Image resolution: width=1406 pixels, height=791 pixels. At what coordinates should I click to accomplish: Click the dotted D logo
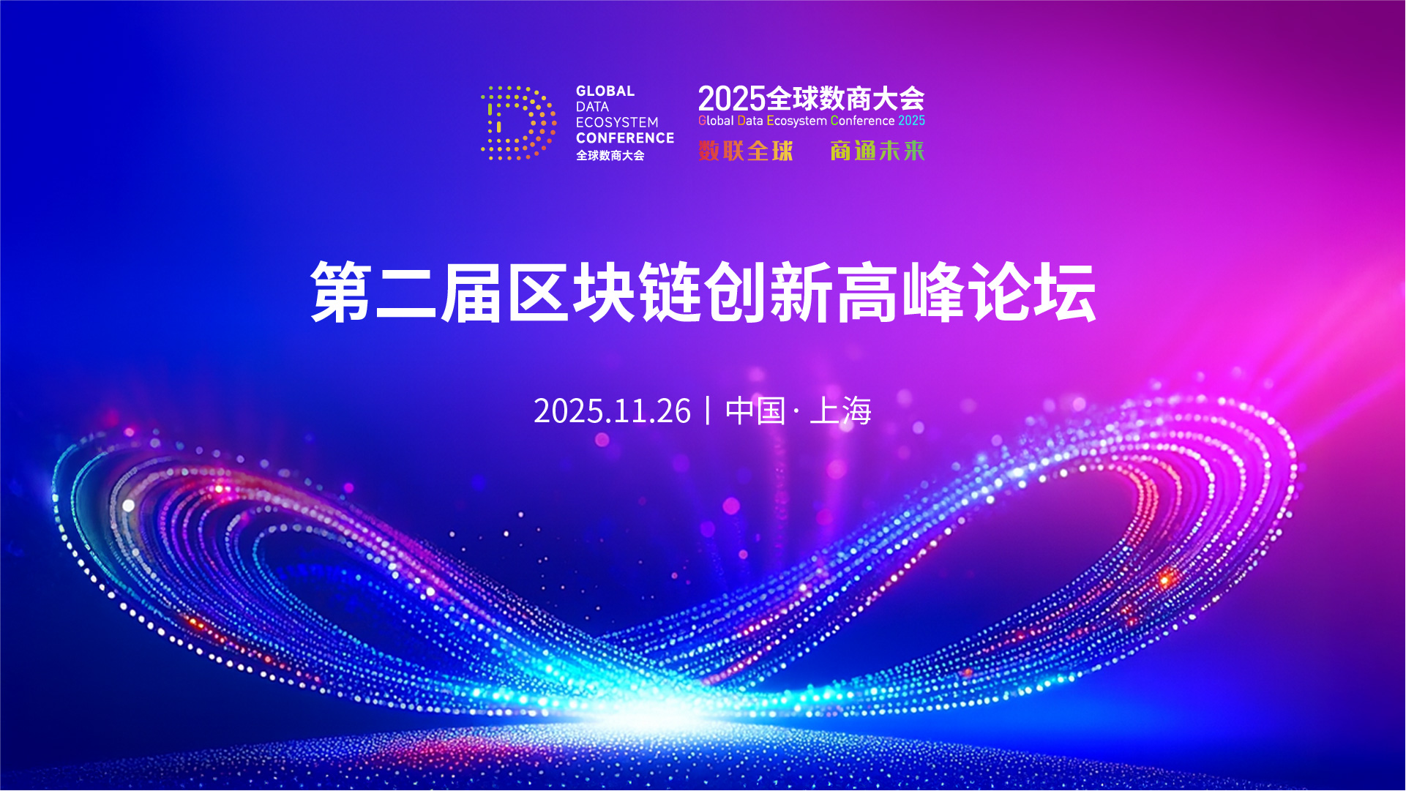point(518,123)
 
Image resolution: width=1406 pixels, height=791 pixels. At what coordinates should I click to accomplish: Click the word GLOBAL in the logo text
point(605,91)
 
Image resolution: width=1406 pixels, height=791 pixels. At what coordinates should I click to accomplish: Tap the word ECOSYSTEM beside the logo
point(617,122)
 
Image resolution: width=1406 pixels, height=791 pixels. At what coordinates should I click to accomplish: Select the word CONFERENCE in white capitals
point(625,138)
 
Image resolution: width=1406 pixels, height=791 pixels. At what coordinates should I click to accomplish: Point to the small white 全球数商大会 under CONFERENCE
point(610,155)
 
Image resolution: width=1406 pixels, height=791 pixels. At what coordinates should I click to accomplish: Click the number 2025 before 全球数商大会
point(731,99)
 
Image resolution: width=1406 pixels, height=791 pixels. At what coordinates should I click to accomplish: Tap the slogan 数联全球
point(746,151)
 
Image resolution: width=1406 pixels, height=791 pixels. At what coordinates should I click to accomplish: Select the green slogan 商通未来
point(878,151)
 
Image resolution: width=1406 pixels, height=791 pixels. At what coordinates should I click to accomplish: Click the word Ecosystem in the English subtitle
point(797,121)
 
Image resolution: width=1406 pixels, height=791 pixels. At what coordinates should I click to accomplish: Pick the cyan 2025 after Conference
point(912,121)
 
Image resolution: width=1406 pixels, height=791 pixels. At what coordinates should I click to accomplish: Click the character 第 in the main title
point(341,293)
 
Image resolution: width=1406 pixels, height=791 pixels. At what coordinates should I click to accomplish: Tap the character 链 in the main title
point(670,293)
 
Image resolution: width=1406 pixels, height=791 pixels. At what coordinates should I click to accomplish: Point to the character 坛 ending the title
point(1066,293)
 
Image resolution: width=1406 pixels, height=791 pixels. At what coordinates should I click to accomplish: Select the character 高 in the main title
point(868,293)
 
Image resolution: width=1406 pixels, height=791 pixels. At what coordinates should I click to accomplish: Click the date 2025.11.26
point(612,411)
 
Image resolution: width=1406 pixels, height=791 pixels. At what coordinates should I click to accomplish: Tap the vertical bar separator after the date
point(708,411)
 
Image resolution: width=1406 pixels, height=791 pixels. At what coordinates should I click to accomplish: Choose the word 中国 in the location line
point(755,411)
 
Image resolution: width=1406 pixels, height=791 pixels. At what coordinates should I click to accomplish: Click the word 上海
point(841,411)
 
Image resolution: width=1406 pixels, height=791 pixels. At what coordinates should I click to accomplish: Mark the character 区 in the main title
point(539,293)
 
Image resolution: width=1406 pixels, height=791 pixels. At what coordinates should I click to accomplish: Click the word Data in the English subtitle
point(750,121)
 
